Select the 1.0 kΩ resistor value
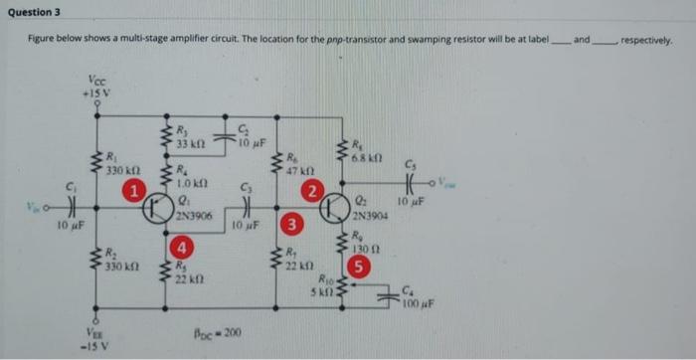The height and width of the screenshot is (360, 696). pyautogui.click(x=189, y=182)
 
